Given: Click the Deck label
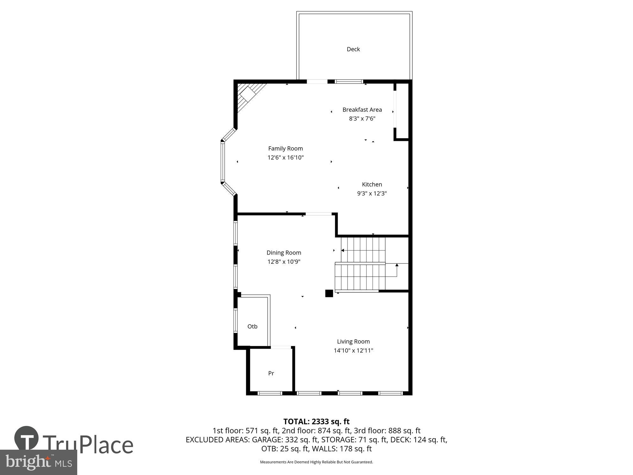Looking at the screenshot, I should click(353, 49).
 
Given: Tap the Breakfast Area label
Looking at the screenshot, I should click(362, 110).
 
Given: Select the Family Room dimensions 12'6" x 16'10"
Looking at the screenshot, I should click(285, 157).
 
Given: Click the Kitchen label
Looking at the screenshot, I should click(372, 184).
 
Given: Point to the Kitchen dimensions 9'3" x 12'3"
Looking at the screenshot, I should click(372, 193).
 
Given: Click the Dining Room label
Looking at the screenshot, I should click(284, 253).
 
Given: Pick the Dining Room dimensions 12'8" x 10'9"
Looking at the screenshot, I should click(284, 262).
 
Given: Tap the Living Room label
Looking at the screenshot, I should click(353, 341).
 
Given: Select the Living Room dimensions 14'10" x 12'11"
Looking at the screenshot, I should click(353, 351).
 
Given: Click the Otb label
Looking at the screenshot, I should click(252, 326).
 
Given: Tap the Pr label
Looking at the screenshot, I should click(271, 373).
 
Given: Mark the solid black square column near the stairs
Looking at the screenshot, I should click(329, 293).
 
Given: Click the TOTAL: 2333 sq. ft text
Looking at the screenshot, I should click(316, 421).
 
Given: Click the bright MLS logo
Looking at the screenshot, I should click(39, 462).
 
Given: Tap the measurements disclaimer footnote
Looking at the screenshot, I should click(316, 462).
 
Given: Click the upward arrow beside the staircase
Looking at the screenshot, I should click(397, 265).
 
